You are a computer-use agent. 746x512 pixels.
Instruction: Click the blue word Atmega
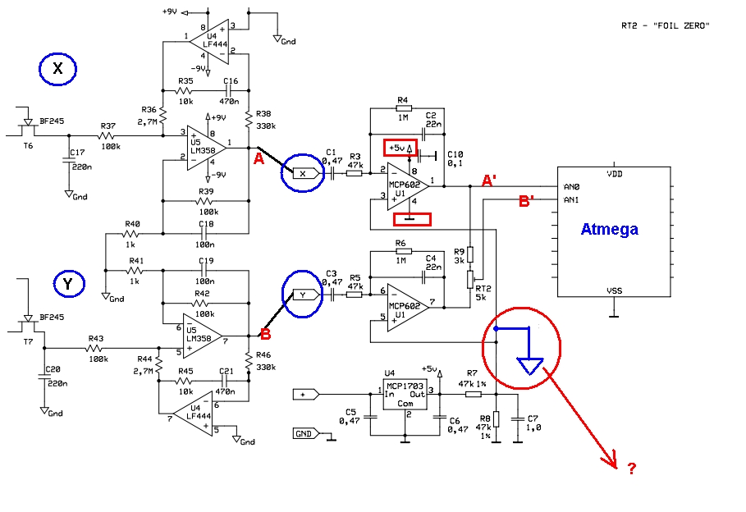coord(610,230)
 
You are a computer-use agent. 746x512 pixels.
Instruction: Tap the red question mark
coord(631,469)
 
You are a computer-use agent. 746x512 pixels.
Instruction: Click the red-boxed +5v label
coord(400,148)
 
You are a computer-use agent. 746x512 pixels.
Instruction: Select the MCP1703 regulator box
coord(405,395)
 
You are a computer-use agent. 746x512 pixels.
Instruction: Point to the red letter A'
coord(489,181)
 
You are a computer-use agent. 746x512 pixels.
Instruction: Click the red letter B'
coord(526,201)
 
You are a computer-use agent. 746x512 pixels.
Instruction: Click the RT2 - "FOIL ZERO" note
coord(665,25)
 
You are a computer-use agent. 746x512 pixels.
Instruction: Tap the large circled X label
coord(57,69)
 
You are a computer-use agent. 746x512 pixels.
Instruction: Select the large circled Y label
coord(68,284)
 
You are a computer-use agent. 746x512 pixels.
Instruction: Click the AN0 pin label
coord(571,187)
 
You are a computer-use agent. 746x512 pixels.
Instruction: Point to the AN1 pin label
coord(571,200)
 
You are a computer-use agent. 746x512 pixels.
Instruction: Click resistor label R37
coord(108,126)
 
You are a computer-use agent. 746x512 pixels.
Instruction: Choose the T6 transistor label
coord(28,145)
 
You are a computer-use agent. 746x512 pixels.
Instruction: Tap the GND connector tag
coord(304,433)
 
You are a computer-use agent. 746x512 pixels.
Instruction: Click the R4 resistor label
coord(402,100)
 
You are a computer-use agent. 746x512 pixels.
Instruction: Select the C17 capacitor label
coord(77,153)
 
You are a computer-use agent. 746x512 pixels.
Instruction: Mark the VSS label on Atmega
coord(614,290)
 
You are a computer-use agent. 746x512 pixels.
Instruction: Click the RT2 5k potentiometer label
coord(483,293)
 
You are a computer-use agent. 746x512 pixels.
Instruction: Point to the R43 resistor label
coord(96,338)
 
